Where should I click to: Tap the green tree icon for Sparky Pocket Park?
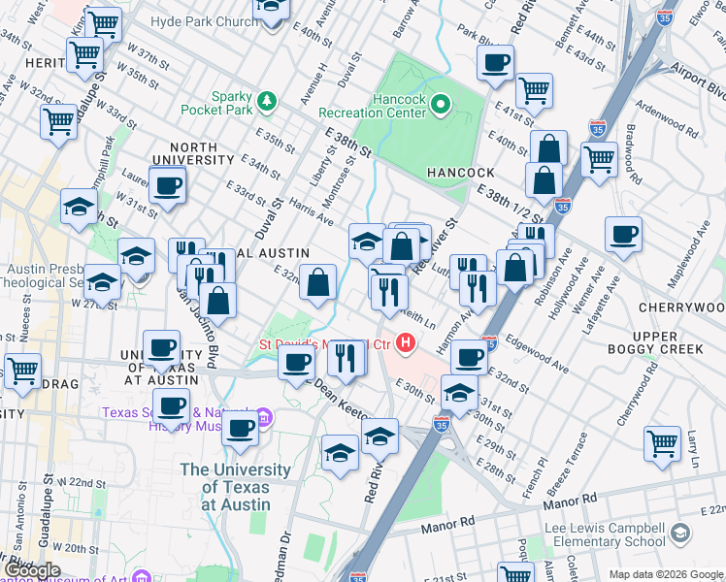coord(265,99)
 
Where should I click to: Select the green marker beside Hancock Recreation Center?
coord(442,104)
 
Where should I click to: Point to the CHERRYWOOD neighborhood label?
coord(681,307)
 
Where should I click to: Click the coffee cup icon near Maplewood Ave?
coord(622,234)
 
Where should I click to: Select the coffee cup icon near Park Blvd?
coord(495,63)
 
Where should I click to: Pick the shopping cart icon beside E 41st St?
coord(535,90)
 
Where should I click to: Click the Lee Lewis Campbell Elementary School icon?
coord(681,533)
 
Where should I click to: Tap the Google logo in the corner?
coord(32,570)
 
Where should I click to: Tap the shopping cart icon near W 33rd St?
coord(58,122)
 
